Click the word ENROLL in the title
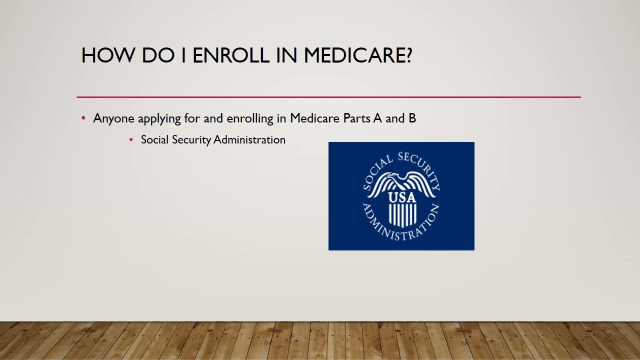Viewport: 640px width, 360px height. [x=230, y=55]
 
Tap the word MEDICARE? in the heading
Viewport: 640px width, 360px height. [x=358, y=55]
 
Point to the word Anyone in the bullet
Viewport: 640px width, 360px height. [x=113, y=118]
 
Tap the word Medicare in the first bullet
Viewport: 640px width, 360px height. [x=315, y=118]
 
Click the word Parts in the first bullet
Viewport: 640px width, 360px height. [x=357, y=118]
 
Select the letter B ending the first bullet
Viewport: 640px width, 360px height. [x=412, y=118]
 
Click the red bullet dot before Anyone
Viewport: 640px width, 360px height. [x=83, y=118]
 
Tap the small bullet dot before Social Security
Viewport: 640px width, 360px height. [x=131, y=140]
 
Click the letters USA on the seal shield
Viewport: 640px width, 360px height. [x=402, y=197]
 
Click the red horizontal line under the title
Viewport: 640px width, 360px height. [x=328, y=97]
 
